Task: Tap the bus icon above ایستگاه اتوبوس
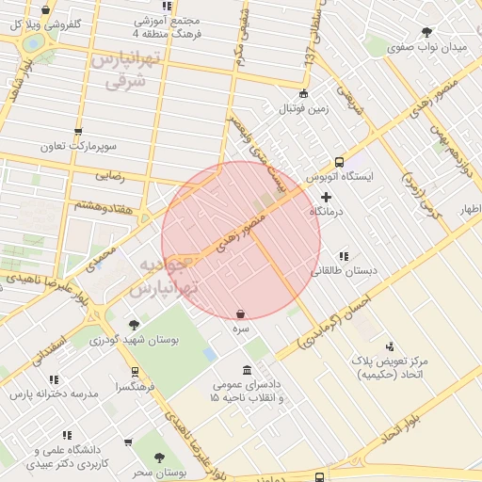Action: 340,161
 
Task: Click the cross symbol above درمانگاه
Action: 326,197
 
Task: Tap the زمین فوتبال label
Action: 303,108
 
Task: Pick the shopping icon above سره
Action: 241,313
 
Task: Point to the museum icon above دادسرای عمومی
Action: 247,369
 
